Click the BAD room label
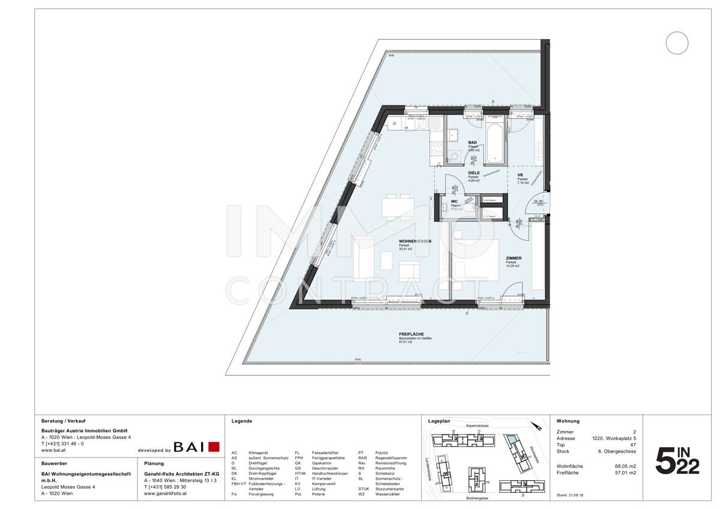click(x=472, y=143)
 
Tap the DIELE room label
click(x=474, y=173)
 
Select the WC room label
click(x=455, y=202)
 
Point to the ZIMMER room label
click(x=513, y=258)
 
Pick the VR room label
click(x=520, y=175)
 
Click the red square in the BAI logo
click(x=214, y=447)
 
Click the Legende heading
click(x=242, y=421)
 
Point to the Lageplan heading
click(x=440, y=421)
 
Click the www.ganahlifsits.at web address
click(x=166, y=493)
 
